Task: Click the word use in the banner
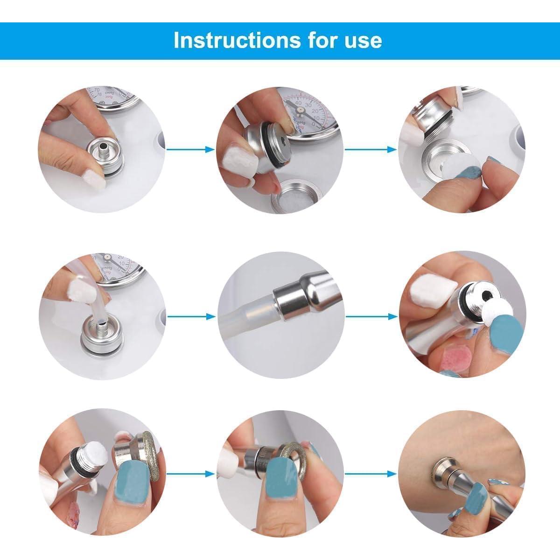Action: pos(364,40)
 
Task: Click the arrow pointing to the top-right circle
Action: pos(371,149)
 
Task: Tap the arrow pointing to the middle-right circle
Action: pos(371,316)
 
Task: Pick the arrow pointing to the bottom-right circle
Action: pos(371,474)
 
